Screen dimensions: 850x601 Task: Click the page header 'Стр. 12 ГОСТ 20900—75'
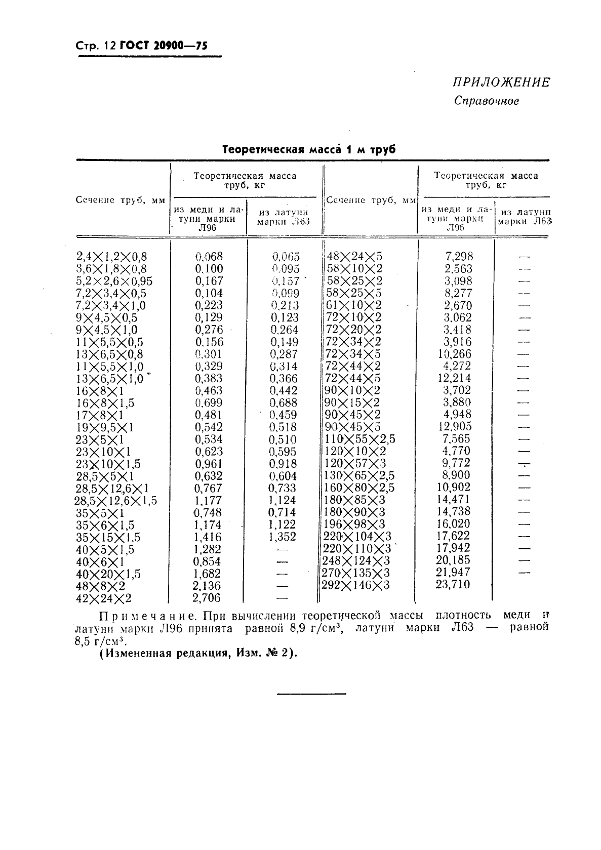[x=142, y=47]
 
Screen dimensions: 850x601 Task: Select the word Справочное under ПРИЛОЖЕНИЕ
[x=487, y=101]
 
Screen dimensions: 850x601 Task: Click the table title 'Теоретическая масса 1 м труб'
[x=309, y=150]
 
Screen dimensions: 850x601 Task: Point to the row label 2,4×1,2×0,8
[x=111, y=257]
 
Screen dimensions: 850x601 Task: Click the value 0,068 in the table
[x=209, y=257]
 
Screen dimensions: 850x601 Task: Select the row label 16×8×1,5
[x=105, y=403]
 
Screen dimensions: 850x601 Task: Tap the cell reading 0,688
[x=283, y=403]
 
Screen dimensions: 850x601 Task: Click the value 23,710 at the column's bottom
[x=453, y=585]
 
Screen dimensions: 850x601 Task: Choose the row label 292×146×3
[x=356, y=586]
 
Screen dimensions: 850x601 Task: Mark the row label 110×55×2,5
[x=359, y=439]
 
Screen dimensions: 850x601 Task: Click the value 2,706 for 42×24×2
[x=207, y=598]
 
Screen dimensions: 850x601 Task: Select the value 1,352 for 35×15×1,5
[x=282, y=537]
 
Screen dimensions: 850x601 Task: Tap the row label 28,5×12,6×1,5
[x=115, y=501]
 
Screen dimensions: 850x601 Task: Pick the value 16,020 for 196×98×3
[x=453, y=524]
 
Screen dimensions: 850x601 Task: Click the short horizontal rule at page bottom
[x=311, y=693]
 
